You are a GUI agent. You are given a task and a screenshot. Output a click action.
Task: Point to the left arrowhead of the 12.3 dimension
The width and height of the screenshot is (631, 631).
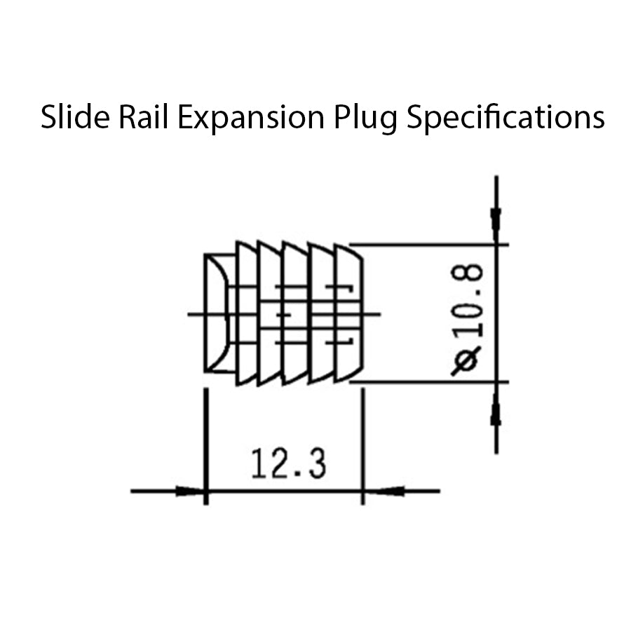pyautogui.click(x=189, y=491)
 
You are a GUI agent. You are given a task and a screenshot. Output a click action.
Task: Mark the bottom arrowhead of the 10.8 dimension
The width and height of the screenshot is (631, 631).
pyautogui.click(x=496, y=409)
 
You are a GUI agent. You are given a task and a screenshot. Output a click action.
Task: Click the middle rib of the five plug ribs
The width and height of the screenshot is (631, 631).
pyautogui.click(x=295, y=313)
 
